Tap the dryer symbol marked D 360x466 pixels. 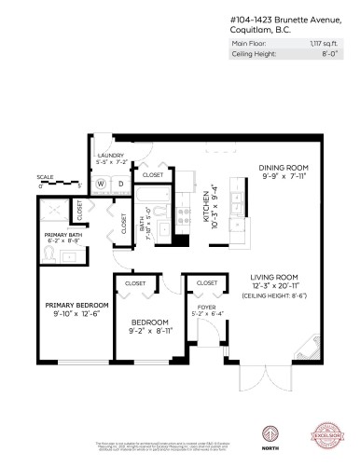(120, 183)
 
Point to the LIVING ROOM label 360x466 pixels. (276, 278)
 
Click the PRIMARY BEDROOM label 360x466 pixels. (77, 305)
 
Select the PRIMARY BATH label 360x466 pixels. (62, 235)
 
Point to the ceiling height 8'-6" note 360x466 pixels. (276, 295)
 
